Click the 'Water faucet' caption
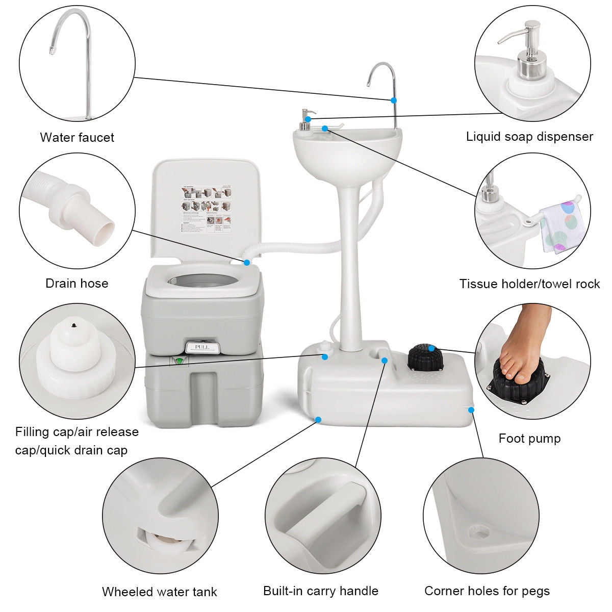click(77, 137)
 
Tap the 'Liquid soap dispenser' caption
click(529, 137)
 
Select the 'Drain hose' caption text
click(77, 283)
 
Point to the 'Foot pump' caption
click(529, 438)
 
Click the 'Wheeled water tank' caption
click(159, 592)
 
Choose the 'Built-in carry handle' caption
click(321, 591)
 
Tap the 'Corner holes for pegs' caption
click(487, 591)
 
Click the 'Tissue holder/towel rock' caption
click(529, 284)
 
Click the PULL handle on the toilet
click(202, 347)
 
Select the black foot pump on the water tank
click(426, 359)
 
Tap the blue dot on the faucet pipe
click(393, 99)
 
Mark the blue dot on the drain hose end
click(247, 262)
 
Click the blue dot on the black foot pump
click(431, 348)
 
